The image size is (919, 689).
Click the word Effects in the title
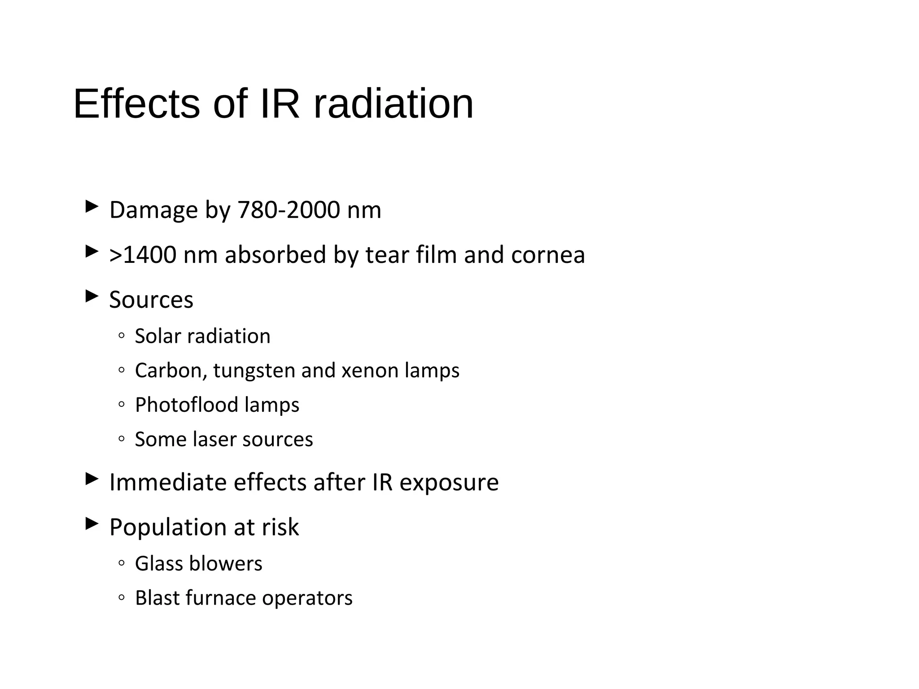pos(136,104)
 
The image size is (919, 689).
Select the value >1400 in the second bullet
pos(143,255)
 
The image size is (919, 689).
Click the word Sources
pos(151,300)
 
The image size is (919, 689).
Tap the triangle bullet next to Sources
pos(92,296)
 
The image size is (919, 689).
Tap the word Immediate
pos(168,482)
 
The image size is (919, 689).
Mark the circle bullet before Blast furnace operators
pos(121,597)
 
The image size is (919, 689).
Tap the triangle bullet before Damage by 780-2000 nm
pos(92,206)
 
